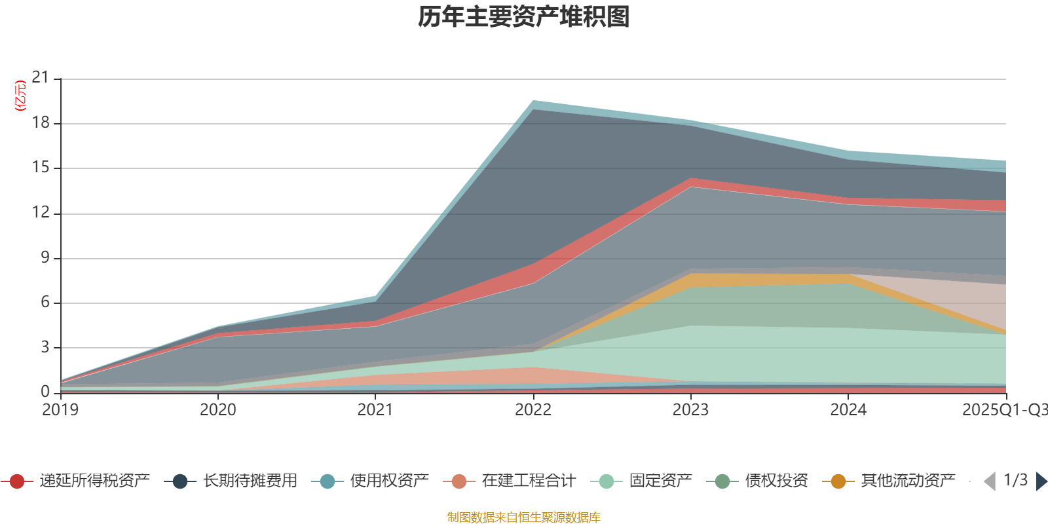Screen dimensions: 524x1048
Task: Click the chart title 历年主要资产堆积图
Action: pos(524,17)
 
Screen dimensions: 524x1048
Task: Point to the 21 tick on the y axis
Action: pos(41,78)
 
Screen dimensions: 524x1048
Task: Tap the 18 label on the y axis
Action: pos(41,123)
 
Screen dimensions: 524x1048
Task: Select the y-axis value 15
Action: pos(41,168)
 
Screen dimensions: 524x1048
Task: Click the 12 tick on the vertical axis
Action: pos(41,213)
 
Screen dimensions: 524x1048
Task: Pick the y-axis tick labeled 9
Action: pos(45,257)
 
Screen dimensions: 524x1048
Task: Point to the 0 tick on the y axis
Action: pos(45,392)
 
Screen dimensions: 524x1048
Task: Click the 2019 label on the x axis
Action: pos(60,410)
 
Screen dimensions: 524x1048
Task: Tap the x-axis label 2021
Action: pos(375,410)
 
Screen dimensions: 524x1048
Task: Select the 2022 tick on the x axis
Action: pos(533,410)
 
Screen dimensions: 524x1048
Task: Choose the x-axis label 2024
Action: pos(848,410)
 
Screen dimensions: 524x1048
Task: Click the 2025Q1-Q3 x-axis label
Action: pos(1004,410)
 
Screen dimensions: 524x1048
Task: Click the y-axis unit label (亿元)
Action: pos(20,96)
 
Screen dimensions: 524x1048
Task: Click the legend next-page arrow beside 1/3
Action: pos(1041,481)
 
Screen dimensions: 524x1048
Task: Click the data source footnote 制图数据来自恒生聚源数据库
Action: pos(524,517)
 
